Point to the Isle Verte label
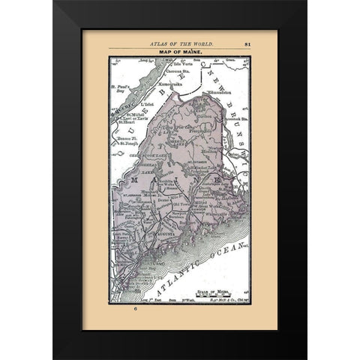point(182,64)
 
